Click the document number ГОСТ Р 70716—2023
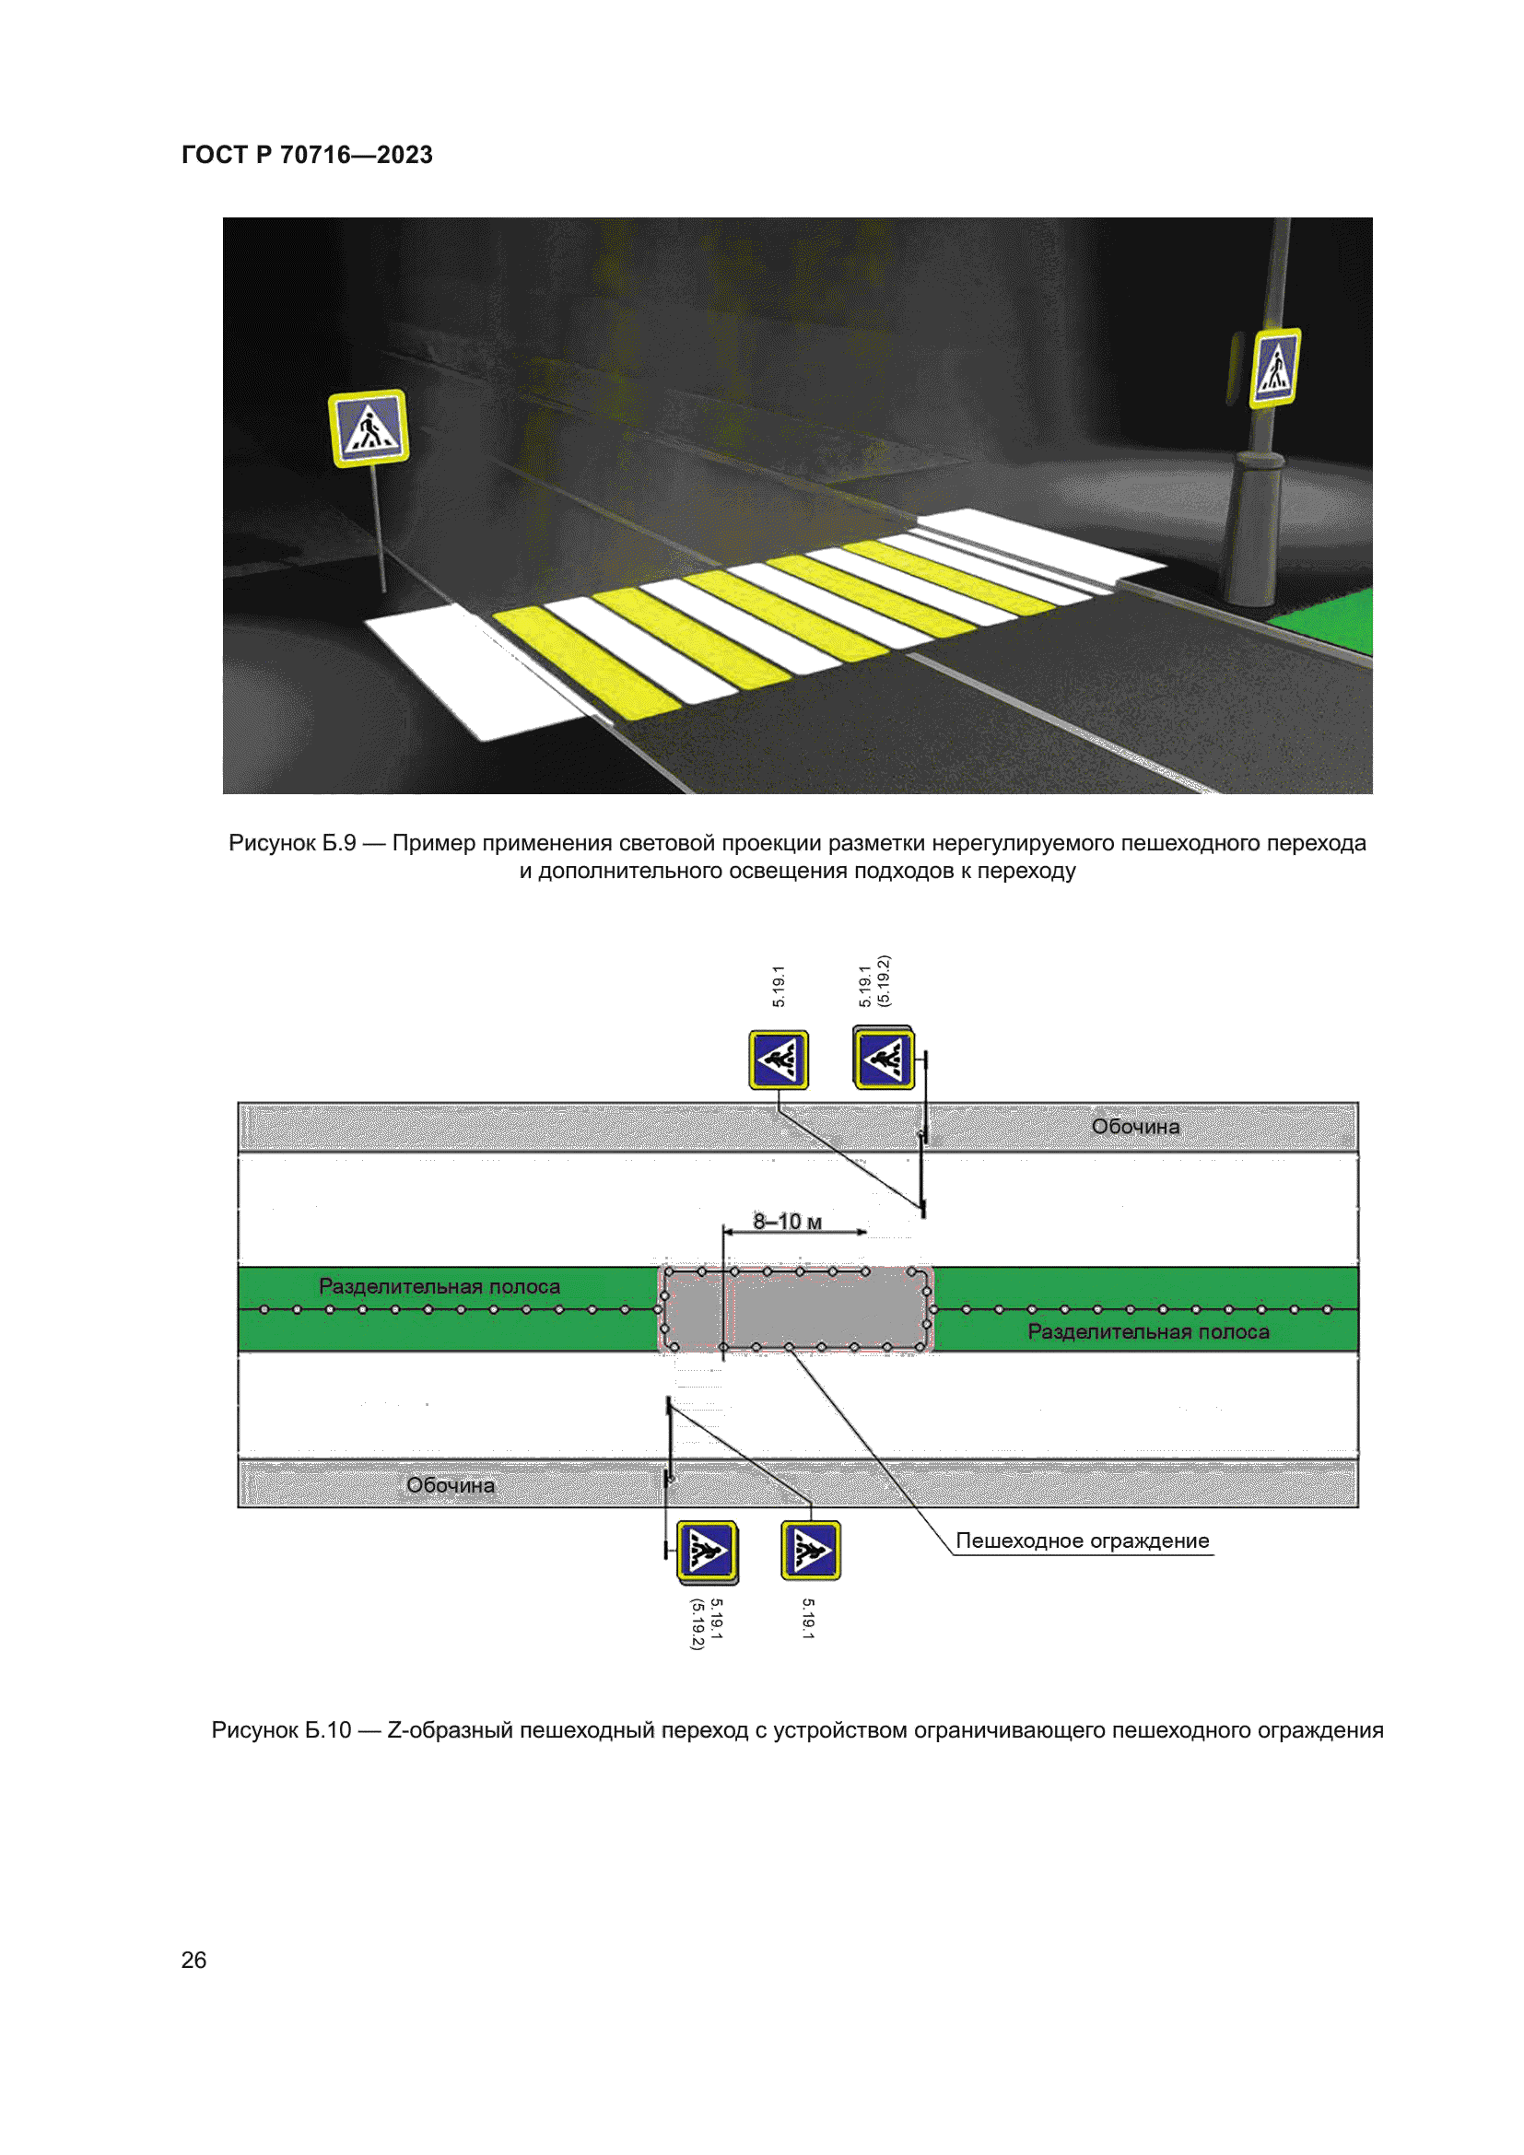coord(307,155)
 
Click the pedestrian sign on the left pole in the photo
coord(369,428)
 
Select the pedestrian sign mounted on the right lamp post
coord(1275,368)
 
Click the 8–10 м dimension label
coord(787,1221)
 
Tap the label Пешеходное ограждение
coord(1082,1540)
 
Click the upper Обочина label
coord(1135,1126)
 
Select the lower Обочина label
coord(451,1485)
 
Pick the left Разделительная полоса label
coord(440,1286)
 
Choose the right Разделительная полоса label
coord(1149,1331)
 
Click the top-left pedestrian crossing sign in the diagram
coord(779,1060)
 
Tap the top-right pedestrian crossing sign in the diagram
coord(884,1058)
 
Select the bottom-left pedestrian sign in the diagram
coord(707,1552)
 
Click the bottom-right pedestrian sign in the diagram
coord(811,1551)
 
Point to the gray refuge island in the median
coord(796,1309)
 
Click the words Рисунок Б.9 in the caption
coord(293,843)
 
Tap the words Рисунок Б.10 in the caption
coord(282,1730)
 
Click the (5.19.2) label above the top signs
coord(883,981)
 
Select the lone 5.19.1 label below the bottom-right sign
coord(808,1619)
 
